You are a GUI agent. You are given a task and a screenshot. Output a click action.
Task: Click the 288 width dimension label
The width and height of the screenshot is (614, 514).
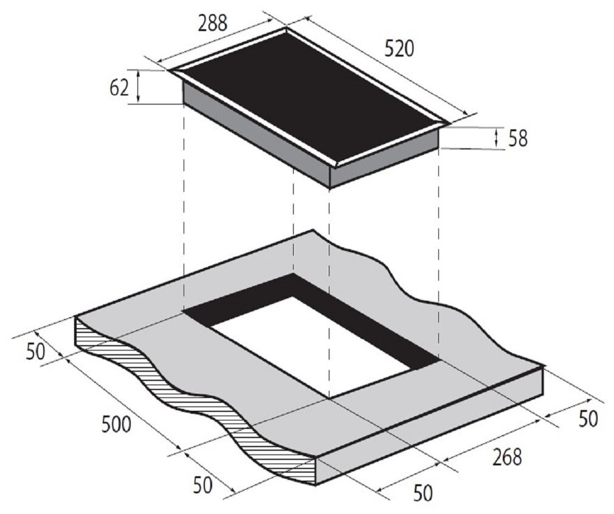pos(212,23)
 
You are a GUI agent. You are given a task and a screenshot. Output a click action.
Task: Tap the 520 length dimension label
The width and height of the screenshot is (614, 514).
pos(399,49)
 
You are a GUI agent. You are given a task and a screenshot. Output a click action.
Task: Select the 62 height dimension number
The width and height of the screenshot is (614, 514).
pos(119,89)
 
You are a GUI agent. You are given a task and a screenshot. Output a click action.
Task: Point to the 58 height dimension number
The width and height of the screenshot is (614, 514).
pos(518,139)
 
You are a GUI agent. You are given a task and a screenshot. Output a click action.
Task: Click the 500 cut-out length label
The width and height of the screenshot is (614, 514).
pos(116,424)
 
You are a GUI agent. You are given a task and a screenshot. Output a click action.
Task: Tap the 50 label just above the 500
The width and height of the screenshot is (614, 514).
pos(36,352)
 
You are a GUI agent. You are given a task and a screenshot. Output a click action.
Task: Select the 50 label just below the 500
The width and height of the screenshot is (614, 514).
pos(203,485)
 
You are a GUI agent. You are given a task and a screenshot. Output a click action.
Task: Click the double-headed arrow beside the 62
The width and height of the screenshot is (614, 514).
pos(138,86)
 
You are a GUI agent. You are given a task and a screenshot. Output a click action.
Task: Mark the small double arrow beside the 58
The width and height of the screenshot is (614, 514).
pos(497,138)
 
